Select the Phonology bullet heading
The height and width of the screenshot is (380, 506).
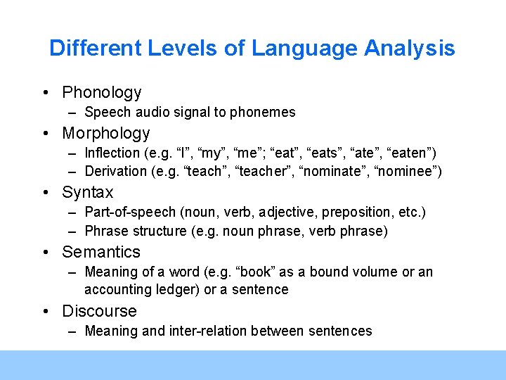click(102, 92)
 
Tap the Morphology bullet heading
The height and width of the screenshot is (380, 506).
click(106, 133)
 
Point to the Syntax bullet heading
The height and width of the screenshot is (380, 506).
click(88, 192)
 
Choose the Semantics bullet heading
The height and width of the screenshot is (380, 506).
click(101, 252)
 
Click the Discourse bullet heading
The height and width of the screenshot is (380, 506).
click(99, 311)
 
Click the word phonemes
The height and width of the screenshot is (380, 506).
click(268, 112)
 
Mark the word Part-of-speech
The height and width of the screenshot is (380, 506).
click(132, 213)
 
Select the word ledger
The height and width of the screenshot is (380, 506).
click(181, 289)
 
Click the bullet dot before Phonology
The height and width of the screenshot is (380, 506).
click(44, 93)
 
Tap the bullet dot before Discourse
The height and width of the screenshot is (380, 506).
click(44, 312)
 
